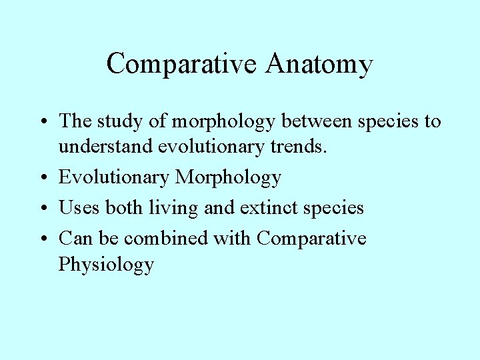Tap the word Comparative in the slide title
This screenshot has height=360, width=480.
point(180,65)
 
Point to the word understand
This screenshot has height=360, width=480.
point(105,146)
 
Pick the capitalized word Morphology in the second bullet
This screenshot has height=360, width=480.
point(228,177)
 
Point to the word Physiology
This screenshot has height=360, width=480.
point(106,265)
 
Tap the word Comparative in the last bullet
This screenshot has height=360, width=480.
point(311,238)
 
